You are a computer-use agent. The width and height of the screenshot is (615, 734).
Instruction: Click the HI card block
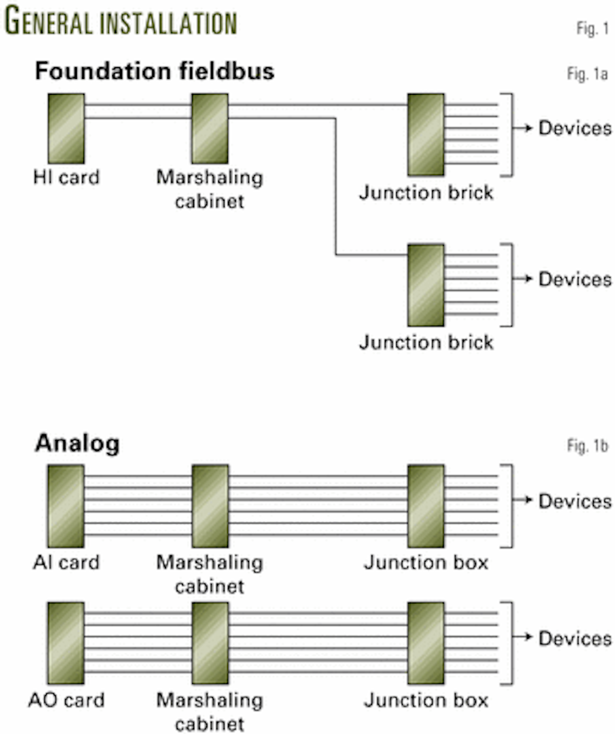(x=66, y=129)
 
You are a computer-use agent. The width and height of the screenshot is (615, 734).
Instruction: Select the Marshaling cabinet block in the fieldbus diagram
(x=210, y=129)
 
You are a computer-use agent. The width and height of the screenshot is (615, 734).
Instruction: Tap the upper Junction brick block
(x=426, y=135)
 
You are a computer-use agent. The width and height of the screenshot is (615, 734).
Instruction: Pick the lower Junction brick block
(x=426, y=285)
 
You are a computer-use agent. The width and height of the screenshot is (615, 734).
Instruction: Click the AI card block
(x=66, y=506)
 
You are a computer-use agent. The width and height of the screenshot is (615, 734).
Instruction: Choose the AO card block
(x=66, y=643)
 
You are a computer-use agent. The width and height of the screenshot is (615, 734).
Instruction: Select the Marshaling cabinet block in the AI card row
(x=210, y=506)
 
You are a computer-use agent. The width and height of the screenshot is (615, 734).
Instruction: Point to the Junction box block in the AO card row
(x=426, y=643)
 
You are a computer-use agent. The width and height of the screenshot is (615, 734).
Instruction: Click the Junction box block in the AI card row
(x=426, y=506)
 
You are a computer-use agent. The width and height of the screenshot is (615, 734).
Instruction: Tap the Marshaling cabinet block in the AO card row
(x=210, y=643)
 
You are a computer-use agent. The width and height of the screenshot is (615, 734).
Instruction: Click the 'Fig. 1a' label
(x=587, y=74)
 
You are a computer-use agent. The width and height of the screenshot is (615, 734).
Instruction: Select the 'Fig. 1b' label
(x=587, y=446)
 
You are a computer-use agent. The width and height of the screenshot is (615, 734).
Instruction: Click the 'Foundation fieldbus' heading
(x=154, y=71)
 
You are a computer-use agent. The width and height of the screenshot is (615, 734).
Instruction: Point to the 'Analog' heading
(x=77, y=444)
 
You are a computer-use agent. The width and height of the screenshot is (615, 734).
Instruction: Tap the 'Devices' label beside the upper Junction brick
(x=575, y=128)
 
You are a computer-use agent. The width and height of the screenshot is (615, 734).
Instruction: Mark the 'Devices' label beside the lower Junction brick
(x=575, y=279)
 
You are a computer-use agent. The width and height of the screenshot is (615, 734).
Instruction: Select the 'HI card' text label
(x=66, y=178)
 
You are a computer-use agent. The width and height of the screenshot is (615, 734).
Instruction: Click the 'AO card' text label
(x=66, y=700)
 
